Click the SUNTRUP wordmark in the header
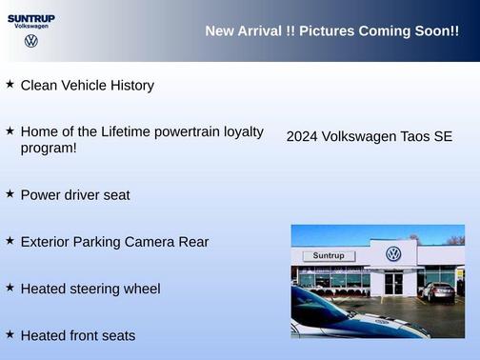tap(31, 17)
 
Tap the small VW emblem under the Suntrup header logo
tap(31, 41)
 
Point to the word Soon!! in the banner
tap(437, 31)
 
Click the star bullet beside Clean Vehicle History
tap(10, 84)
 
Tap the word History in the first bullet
tap(130, 86)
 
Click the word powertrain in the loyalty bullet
tap(190, 131)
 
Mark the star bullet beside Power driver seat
tap(10, 193)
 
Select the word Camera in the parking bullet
tap(150, 242)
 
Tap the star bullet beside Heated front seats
tap(10, 334)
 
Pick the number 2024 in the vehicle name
tap(302, 137)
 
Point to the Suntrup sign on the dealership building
tap(328, 256)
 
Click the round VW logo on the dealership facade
tap(393, 254)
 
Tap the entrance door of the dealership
tap(393, 283)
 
